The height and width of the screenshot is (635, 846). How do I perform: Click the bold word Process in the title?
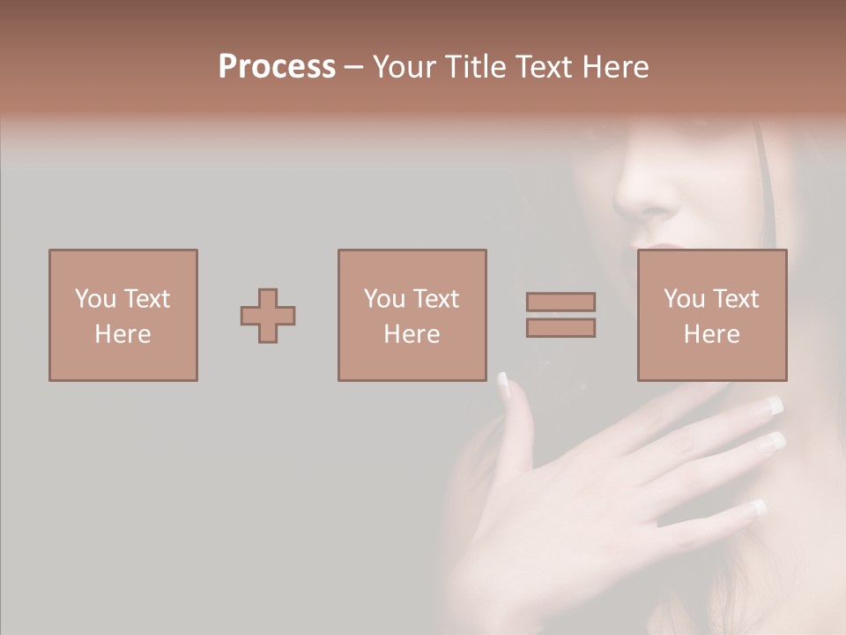[277, 67]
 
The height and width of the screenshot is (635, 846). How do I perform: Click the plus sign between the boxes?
[268, 316]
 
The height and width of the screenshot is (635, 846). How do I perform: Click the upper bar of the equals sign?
[560, 302]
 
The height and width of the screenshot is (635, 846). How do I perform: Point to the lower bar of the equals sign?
[560, 328]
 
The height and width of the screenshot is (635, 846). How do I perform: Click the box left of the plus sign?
[123, 315]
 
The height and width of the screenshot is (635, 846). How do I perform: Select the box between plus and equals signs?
[412, 315]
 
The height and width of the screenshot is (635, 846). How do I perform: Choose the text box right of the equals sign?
[711, 315]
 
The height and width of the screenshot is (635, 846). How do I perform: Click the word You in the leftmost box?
[95, 299]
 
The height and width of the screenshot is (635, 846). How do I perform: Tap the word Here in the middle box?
[412, 334]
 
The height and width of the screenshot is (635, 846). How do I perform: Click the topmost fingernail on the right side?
[773, 406]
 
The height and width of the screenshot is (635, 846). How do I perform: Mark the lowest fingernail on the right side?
[756, 508]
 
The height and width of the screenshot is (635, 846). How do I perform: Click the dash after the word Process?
[353, 67]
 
